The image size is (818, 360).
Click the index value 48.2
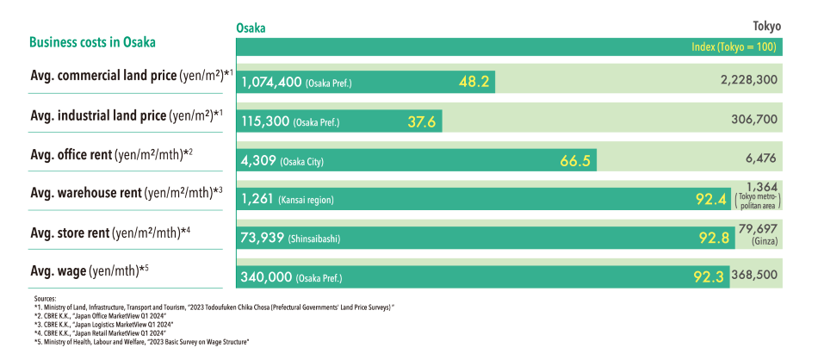tap(474, 82)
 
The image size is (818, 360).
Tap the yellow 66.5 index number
tap(575, 160)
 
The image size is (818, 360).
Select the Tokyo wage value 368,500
tap(755, 277)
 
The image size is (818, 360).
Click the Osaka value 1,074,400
tap(271, 83)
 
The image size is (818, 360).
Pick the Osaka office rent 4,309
tap(258, 160)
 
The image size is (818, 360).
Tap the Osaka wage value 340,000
tap(267, 277)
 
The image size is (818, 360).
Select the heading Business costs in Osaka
tap(92, 42)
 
